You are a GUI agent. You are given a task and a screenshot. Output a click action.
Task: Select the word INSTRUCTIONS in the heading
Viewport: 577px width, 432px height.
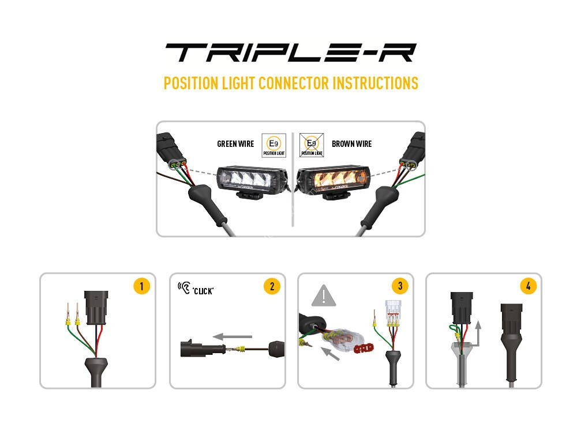[x=374, y=83]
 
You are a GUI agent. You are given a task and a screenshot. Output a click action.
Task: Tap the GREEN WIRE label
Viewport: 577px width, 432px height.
[x=235, y=144]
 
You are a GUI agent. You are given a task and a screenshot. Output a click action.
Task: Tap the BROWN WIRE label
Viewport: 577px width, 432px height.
[x=351, y=144]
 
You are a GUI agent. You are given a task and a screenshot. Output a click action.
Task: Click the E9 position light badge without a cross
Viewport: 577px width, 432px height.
[x=273, y=145]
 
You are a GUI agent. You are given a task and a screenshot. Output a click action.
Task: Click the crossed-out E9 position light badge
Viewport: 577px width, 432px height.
[x=312, y=145]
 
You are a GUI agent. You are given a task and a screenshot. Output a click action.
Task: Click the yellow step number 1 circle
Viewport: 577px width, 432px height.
[x=141, y=286]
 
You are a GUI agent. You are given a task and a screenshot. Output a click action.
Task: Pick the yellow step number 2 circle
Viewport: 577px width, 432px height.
[x=271, y=286]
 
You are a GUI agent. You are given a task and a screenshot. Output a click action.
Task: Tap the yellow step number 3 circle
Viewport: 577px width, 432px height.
[x=399, y=286]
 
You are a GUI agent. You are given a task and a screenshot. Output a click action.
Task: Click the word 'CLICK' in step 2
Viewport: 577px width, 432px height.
[x=203, y=291]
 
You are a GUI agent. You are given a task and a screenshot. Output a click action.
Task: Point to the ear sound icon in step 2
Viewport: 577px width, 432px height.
[x=184, y=287]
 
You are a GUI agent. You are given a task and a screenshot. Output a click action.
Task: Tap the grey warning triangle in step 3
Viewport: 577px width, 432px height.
[x=324, y=297]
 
